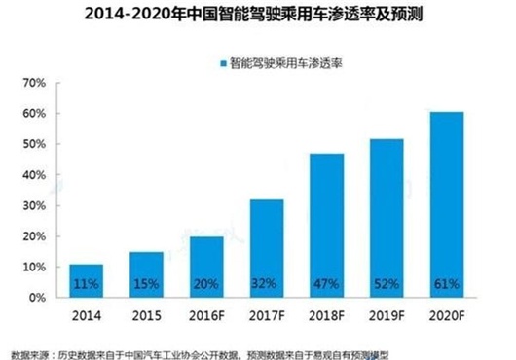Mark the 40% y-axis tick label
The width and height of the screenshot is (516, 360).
(x=30, y=175)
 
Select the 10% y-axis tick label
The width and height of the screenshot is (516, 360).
(x=30, y=267)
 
